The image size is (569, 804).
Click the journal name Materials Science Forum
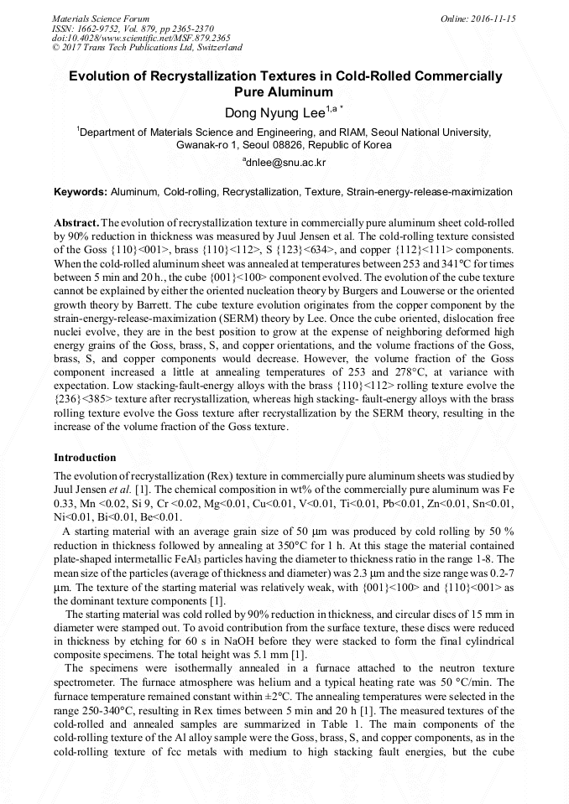(x=101, y=18)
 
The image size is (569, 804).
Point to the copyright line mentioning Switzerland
(x=147, y=49)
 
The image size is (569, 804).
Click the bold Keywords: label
(x=81, y=192)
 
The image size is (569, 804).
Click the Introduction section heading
(x=85, y=458)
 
